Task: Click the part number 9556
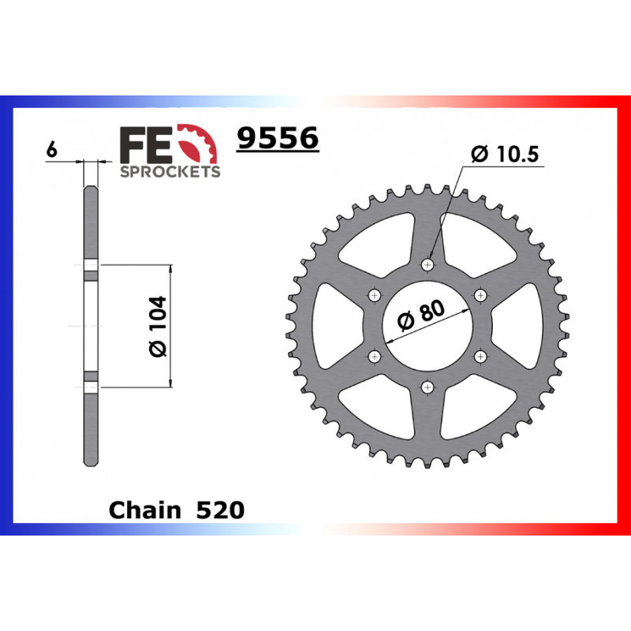[x=278, y=139]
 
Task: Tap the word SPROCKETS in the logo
[x=170, y=171]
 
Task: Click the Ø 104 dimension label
[x=157, y=326]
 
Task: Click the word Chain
[x=144, y=510]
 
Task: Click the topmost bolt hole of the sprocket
[x=428, y=264]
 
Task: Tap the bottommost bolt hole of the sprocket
[x=428, y=386]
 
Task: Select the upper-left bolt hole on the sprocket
[x=374, y=295]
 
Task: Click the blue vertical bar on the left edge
[x=7, y=315]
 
